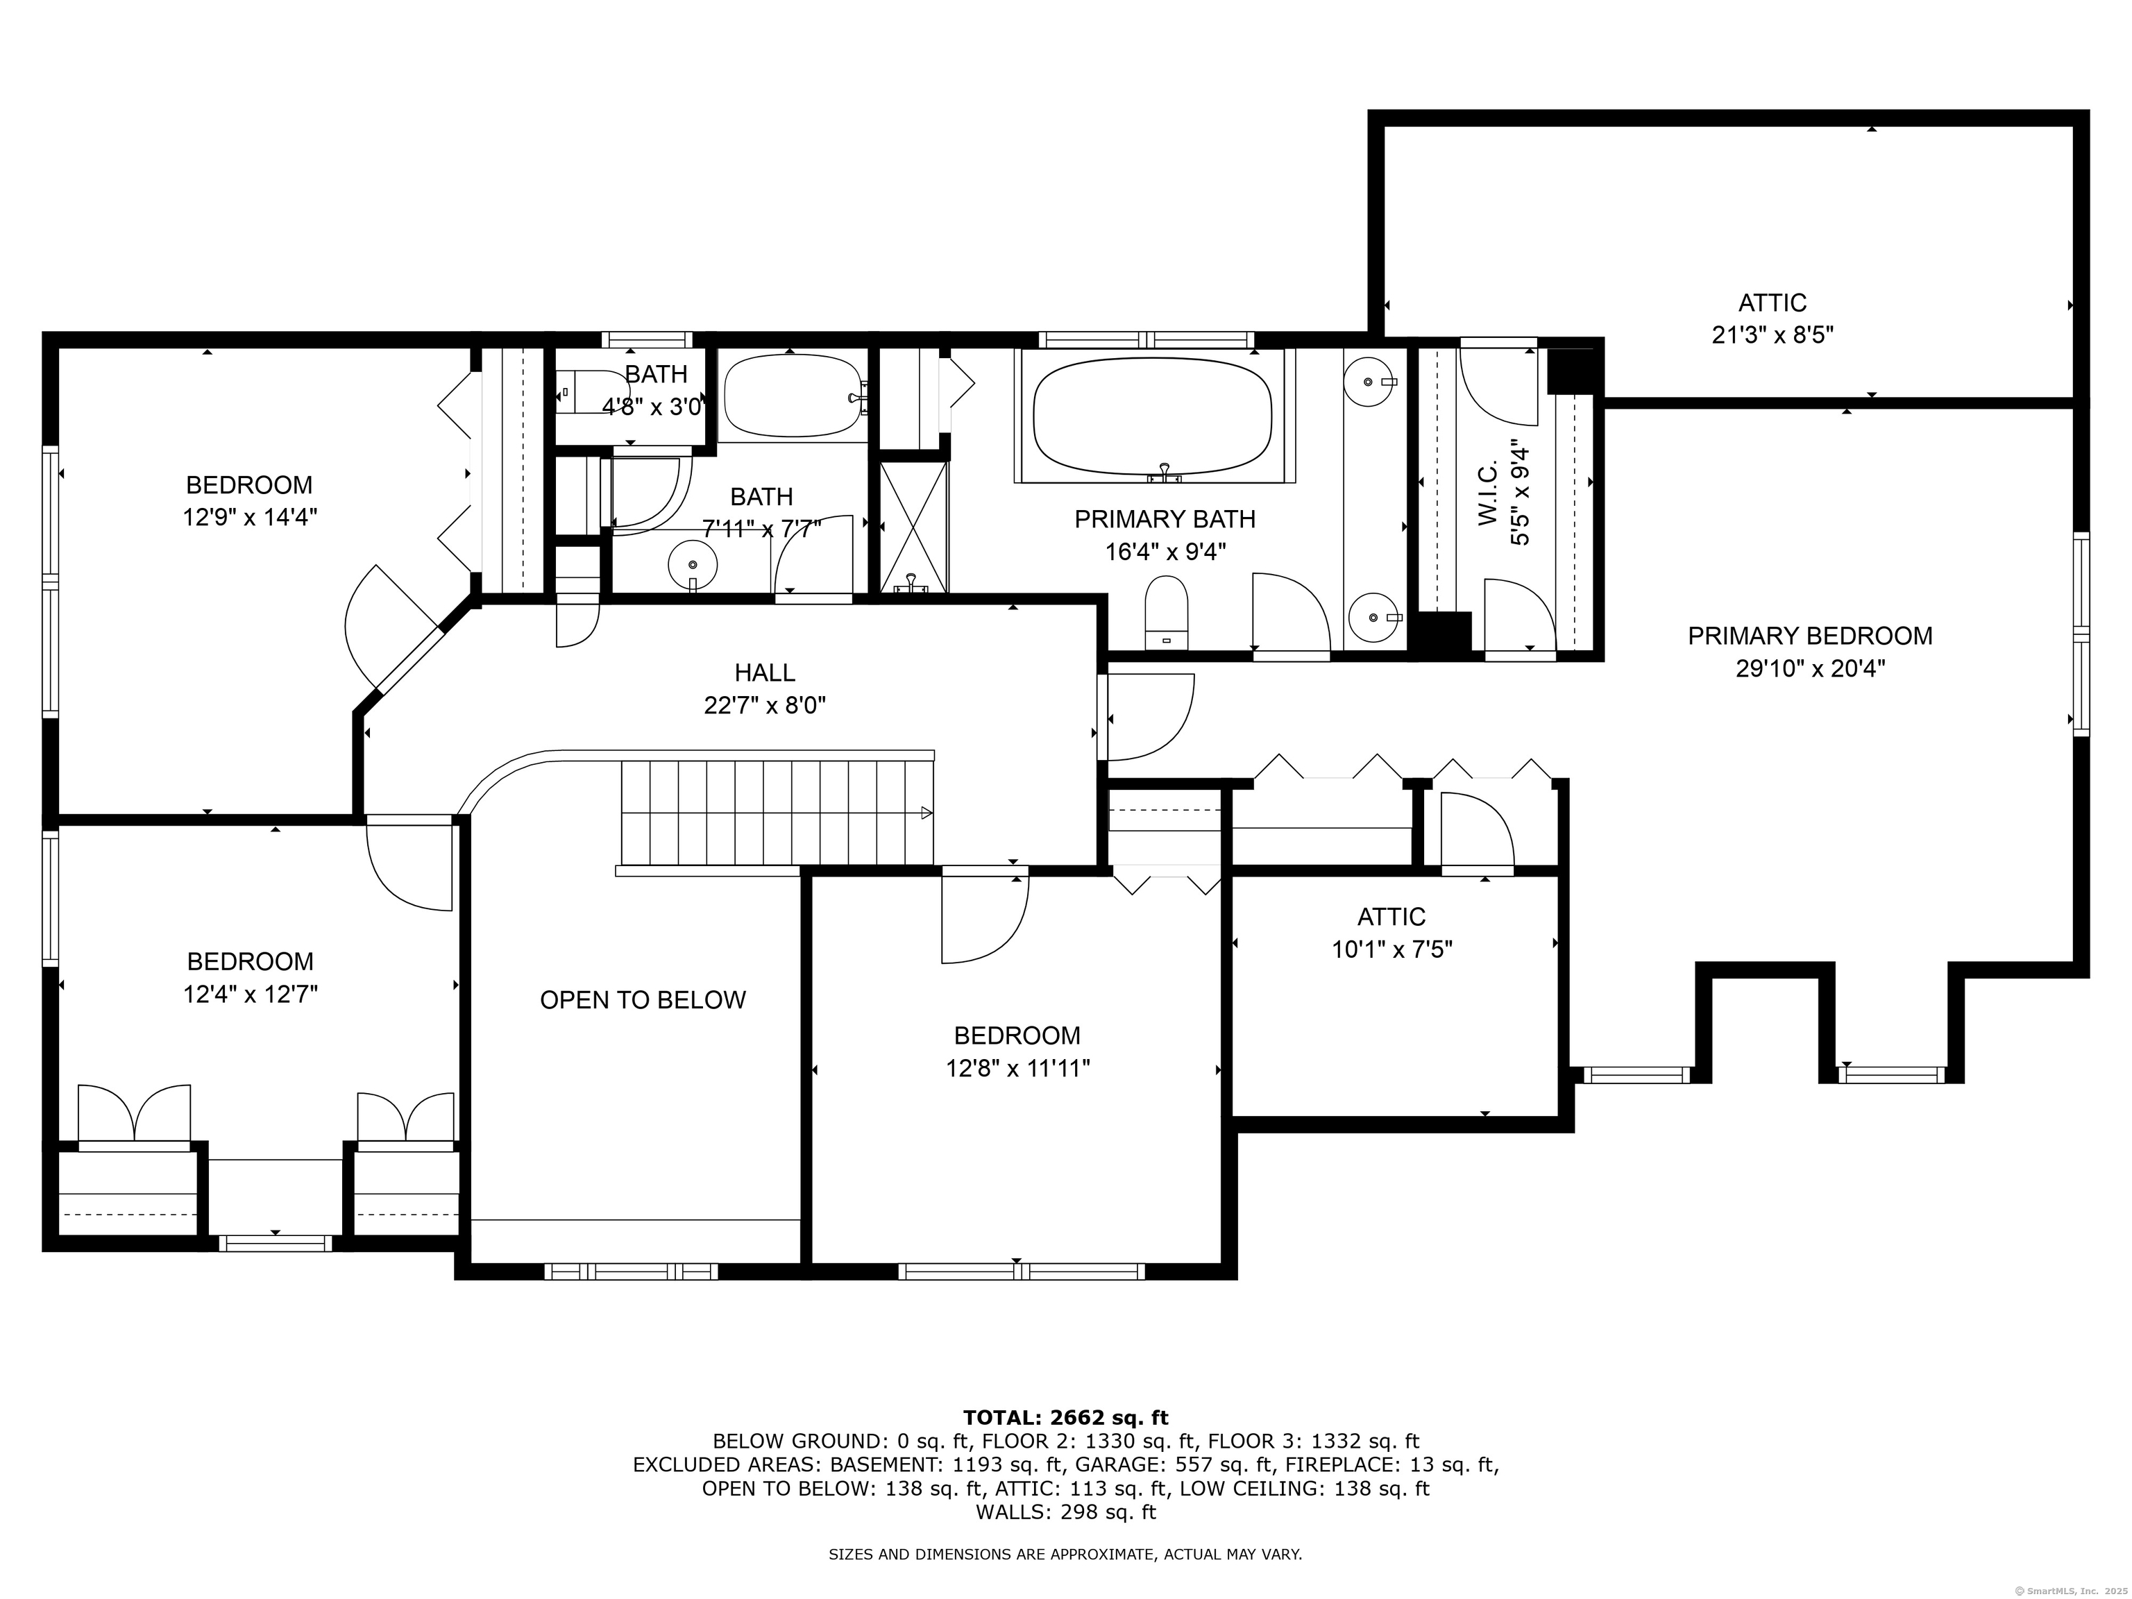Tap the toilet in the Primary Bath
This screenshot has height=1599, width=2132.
[1166, 613]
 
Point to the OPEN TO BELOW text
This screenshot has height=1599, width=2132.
[642, 1001]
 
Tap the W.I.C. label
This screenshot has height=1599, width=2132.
[1487, 493]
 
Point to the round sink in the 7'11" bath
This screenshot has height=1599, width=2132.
[693, 563]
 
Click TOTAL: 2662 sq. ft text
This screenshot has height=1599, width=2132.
[1065, 1418]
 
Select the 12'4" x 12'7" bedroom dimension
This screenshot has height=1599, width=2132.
[250, 995]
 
